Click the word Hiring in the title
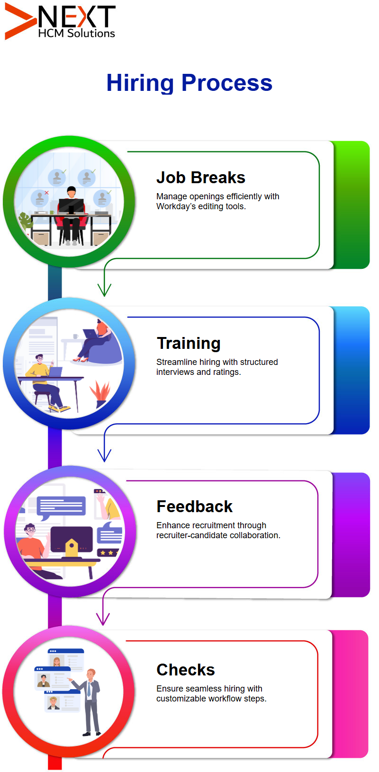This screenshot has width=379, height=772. (x=140, y=83)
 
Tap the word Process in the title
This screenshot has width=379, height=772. (x=227, y=83)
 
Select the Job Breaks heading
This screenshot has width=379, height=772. (x=201, y=178)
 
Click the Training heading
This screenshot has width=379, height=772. (x=189, y=344)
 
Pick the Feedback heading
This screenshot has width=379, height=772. (x=195, y=506)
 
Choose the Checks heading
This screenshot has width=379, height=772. (x=186, y=670)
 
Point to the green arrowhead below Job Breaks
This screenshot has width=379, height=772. (x=104, y=290)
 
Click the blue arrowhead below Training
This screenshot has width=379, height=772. (x=104, y=455)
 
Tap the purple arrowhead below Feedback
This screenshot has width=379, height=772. (x=103, y=619)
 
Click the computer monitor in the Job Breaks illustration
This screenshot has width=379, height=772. (x=71, y=206)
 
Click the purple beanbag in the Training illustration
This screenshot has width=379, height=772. (x=105, y=352)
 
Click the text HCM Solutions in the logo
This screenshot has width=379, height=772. (x=77, y=34)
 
